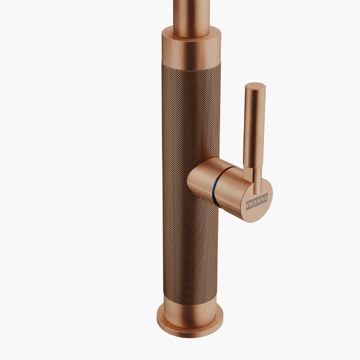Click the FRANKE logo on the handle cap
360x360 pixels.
(x=257, y=202)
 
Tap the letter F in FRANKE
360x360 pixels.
(x=248, y=205)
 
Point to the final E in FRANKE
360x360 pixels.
(x=266, y=197)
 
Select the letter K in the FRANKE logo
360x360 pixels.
(x=262, y=199)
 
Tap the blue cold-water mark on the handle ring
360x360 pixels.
(x=214, y=185)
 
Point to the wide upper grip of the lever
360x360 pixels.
(x=255, y=126)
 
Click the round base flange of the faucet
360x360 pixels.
(x=190, y=323)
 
